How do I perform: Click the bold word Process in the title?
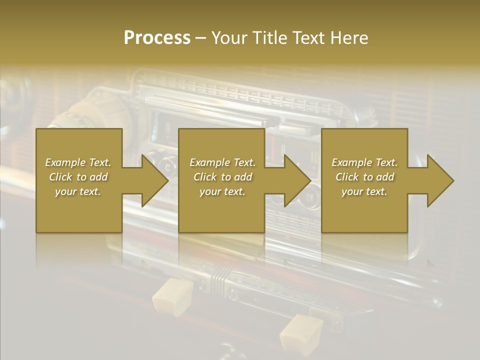pyautogui.click(x=157, y=38)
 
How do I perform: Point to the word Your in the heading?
pyautogui.click(x=230, y=38)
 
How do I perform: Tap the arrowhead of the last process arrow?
pyautogui.click(x=439, y=180)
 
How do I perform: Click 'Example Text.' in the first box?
pyautogui.click(x=78, y=162)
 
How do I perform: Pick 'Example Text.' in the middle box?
pyautogui.click(x=222, y=162)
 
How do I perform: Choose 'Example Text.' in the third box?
pyautogui.click(x=364, y=162)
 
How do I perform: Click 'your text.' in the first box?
pyautogui.click(x=78, y=191)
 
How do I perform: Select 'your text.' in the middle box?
pyautogui.click(x=222, y=191)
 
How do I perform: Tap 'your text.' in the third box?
pyautogui.click(x=364, y=191)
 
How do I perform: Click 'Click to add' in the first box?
pyautogui.click(x=78, y=177)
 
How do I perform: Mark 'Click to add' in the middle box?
pyautogui.click(x=222, y=177)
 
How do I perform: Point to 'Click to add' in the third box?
pyautogui.click(x=364, y=177)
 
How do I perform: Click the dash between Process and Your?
pyautogui.click(x=201, y=38)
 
